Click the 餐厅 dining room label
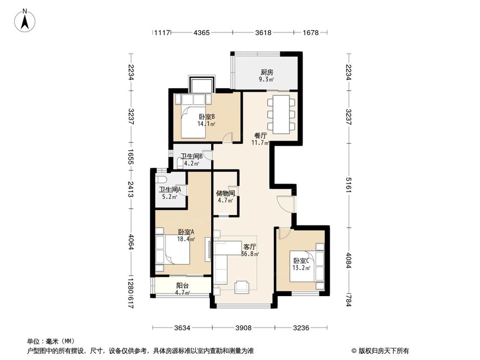[x=260, y=135]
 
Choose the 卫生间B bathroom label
[x=192, y=156]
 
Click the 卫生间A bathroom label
[x=170, y=189]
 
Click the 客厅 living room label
[x=250, y=247]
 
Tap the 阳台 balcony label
[x=182, y=285]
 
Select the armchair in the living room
[x=241, y=287]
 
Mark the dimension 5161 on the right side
[x=349, y=190]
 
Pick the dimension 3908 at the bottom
[x=244, y=328]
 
